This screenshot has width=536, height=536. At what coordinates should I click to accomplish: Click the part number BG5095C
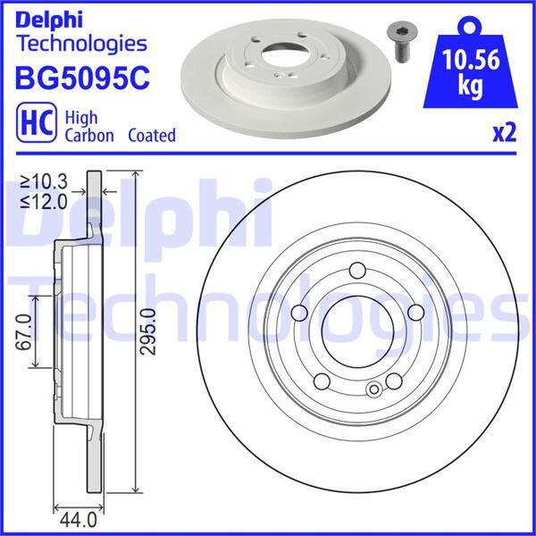82,78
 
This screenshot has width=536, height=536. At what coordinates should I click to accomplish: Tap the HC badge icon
37,122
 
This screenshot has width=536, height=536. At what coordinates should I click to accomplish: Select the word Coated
152,135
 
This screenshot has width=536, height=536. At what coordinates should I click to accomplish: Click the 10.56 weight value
471,59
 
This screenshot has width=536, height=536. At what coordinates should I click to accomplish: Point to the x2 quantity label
504,133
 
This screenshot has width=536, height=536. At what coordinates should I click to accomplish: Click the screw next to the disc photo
402,43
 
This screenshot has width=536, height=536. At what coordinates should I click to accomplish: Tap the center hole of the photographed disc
286,54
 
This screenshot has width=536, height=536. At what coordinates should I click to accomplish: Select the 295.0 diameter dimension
149,331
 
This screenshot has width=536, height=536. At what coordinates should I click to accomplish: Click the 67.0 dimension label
23,332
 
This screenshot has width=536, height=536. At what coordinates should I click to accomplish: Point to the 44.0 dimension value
79,521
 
